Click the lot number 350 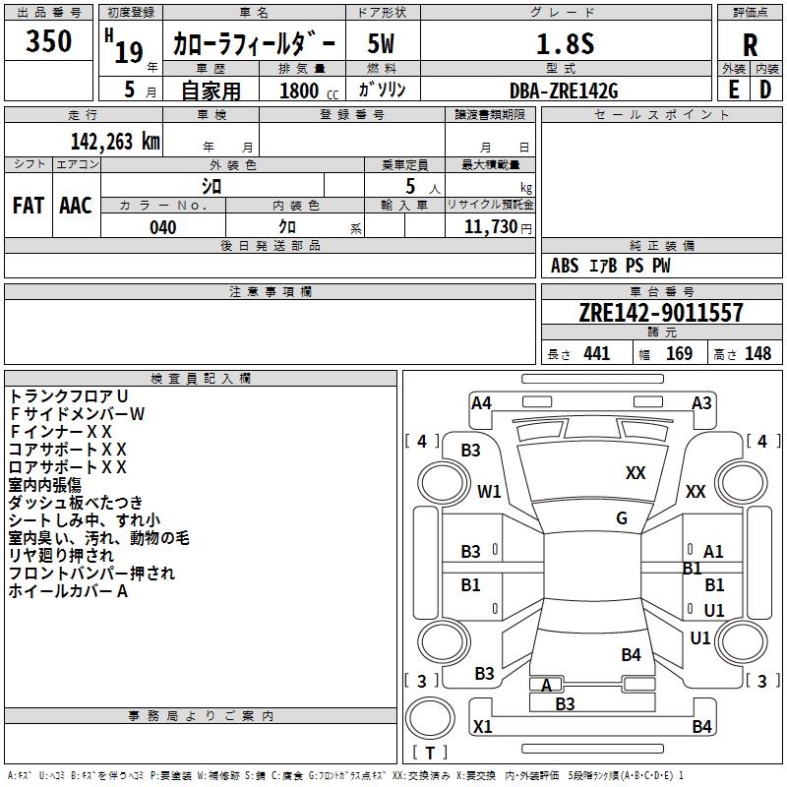[x=48, y=40]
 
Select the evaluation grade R [x=750, y=45]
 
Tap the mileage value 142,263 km [x=115, y=142]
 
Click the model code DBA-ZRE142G [x=564, y=91]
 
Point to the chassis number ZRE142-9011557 [x=661, y=312]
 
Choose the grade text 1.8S [x=565, y=43]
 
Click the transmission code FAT [x=29, y=206]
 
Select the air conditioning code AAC [x=76, y=206]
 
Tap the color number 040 [x=162, y=227]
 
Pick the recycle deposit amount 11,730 [x=490, y=227]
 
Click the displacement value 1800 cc [x=309, y=91]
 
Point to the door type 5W [x=381, y=43]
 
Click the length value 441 [x=597, y=353]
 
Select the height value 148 [x=757, y=353]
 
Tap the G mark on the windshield [x=622, y=518]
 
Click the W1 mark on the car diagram [x=489, y=491]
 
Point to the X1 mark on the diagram [x=482, y=726]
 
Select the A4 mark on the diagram [x=481, y=403]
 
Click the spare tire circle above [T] [x=430, y=718]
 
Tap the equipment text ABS [x=565, y=266]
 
